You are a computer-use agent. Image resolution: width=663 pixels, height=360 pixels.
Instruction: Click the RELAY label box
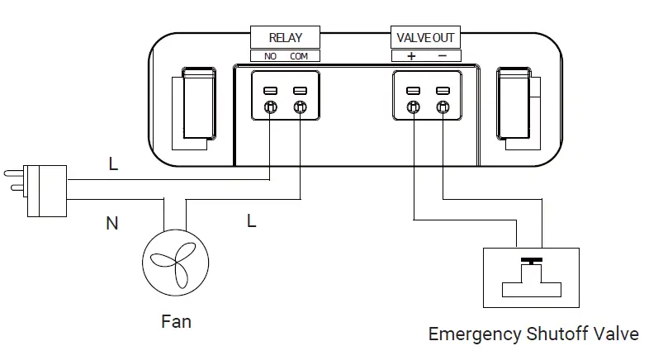click(x=285, y=37)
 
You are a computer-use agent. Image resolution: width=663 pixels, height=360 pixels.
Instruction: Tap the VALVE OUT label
click(x=425, y=37)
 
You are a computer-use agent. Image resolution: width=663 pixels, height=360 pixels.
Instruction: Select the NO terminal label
click(x=270, y=56)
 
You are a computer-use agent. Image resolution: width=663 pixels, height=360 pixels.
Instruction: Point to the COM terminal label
click(x=299, y=56)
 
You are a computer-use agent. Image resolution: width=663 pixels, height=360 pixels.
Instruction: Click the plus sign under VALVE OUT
click(x=411, y=56)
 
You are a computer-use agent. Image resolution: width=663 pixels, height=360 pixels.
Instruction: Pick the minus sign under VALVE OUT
click(x=443, y=55)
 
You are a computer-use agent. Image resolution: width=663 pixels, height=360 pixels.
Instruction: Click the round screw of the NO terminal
click(x=271, y=107)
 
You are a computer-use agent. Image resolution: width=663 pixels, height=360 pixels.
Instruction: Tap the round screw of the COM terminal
click(x=301, y=107)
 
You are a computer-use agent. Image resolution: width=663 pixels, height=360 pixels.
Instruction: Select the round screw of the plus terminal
click(x=414, y=107)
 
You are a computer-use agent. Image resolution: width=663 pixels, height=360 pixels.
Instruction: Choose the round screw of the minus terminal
click(x=443, y=107)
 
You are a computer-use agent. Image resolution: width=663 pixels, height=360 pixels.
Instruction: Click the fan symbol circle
click(x=176, y=263)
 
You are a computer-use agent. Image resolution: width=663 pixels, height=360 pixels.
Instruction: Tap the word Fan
click(x=177, y=321)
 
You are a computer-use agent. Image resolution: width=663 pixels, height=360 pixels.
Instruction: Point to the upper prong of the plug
click(x=14, y=173)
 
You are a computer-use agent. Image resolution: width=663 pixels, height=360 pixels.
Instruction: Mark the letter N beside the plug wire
click(x=112, y=224)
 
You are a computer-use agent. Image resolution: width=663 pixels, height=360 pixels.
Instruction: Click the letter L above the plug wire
click(x=113, y=163)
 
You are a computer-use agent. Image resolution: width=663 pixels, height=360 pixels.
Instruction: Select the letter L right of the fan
click(x=252, y=220)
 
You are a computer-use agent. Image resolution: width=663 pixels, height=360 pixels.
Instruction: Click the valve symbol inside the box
click(x=532, y=277)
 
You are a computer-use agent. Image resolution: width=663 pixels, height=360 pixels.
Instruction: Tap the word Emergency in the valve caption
click(x=475, y=334)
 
